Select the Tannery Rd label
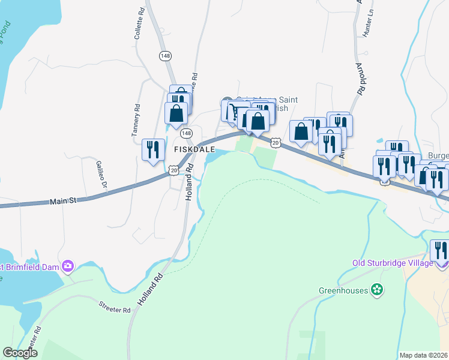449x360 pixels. click(137, 120)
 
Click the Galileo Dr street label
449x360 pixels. click(100, 174)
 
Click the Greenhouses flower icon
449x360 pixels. click(377, 290)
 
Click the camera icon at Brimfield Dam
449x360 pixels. click(68, 265)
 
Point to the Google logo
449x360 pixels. click(20, 353)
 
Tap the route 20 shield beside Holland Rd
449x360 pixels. click(173, 171)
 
